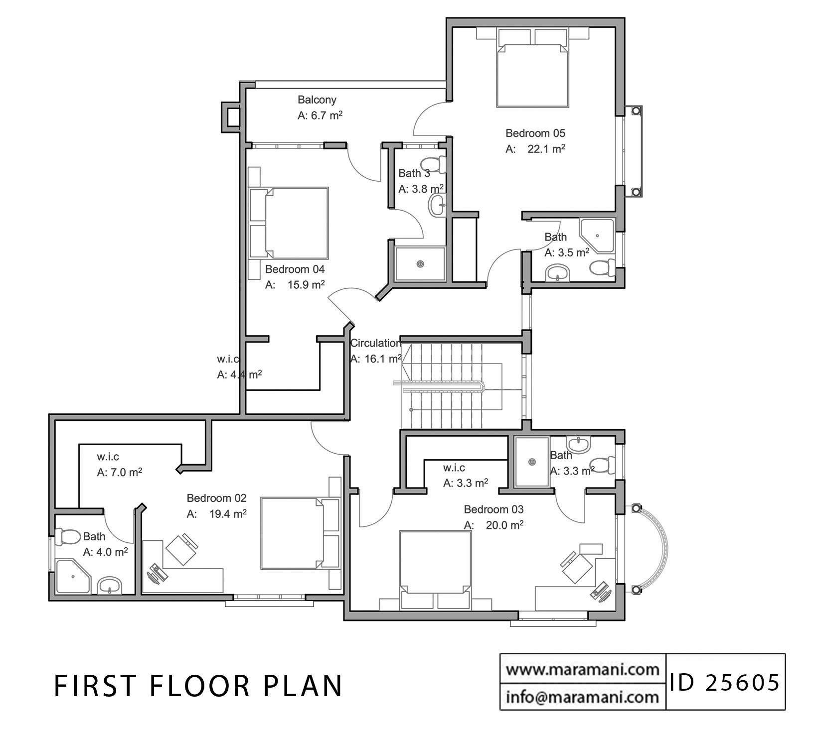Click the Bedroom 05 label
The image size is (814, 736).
pos(535,133)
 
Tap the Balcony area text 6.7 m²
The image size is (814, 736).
pos(320,116)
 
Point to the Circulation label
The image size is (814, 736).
pos(375,343)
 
